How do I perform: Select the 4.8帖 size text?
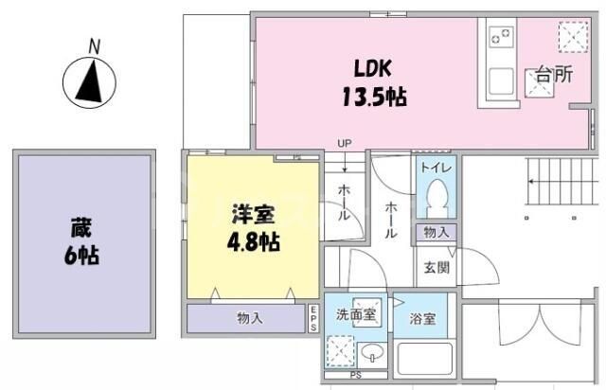pyautogui.click(x=251, y=239)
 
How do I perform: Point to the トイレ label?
pyautogui.click(x=437, y=168)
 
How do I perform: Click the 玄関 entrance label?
pyautogui.click(x=437, y=267)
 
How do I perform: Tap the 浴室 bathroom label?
pyautogui.click(x=422, y=318)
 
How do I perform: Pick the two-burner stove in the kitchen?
pyautogui.click(x=500, y=39)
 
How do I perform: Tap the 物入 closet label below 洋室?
pyautogui.click(x=248, y=319)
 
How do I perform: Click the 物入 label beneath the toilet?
pyautogui.click(x=437, y=232)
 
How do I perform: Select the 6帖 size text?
pyautogui.click(x=83, y=255)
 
